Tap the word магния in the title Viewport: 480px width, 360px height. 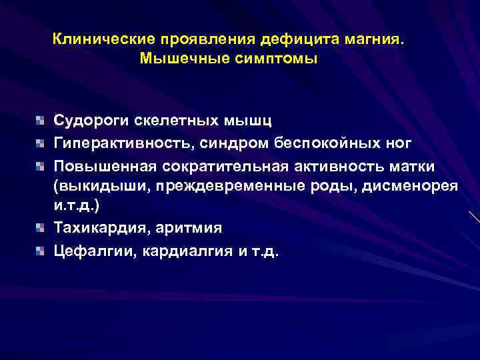click(x=374, y=40)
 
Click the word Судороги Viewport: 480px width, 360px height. click(x=90, y=121)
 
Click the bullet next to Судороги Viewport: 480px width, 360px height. click(x=41, y=121)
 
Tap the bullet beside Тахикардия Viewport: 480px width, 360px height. click(x=41, y=228)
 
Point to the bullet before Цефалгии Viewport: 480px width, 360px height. click(x=41, y=251)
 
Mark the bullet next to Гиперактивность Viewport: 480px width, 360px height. click(x=41, y=142)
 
